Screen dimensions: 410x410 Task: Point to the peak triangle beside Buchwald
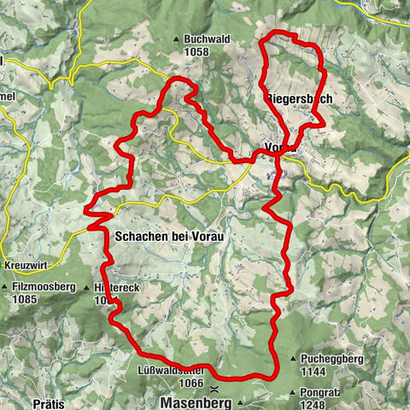point(177,38)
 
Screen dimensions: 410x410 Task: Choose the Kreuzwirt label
point(22,265)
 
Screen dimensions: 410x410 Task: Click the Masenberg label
point(196,401)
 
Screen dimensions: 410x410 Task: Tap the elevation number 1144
point(318,372)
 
